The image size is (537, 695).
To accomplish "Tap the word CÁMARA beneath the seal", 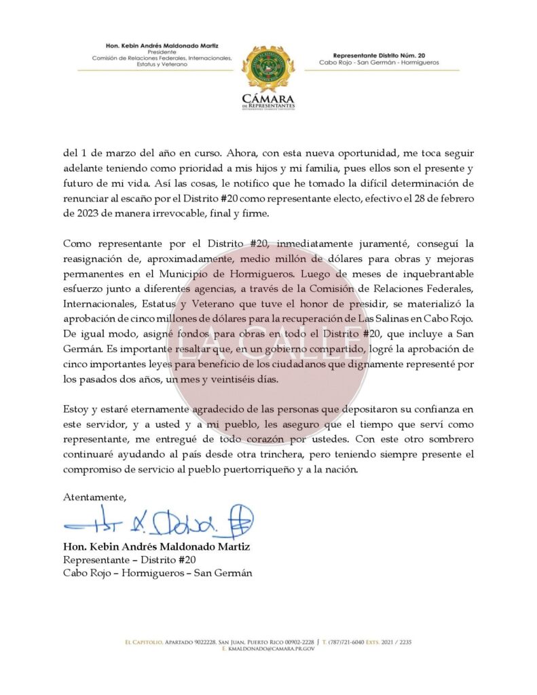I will [268, 99].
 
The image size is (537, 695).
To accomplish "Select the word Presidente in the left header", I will [162, 52].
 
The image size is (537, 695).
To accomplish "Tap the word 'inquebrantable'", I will [426, 273].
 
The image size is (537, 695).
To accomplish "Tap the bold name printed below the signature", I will [156, 546].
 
